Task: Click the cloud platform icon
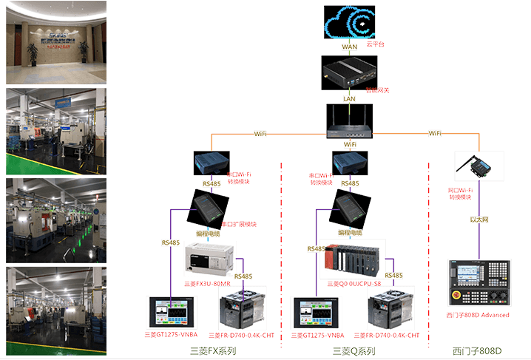[350, 24]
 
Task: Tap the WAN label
[350, 47]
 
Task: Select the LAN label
[350, 98]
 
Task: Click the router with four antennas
[350, 120]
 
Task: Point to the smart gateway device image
[349, 72]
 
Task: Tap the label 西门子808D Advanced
[478, 315]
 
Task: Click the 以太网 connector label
[480, 220]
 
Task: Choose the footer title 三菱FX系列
[213, 351]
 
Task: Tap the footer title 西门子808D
[477, 351]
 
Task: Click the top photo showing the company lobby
[56, 42]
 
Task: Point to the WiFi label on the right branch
[436, 133]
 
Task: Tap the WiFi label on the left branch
[260, 134]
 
